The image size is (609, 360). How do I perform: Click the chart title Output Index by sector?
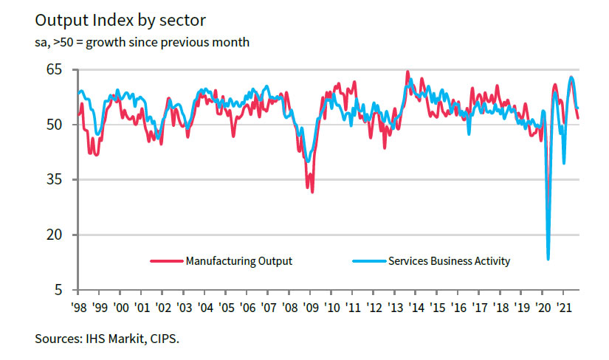point(120,20)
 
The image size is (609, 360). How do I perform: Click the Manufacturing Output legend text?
point(239,261)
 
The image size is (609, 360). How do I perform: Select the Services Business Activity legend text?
point(449,261)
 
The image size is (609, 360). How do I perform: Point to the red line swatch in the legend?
point(166,261)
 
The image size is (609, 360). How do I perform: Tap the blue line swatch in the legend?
point(368,261)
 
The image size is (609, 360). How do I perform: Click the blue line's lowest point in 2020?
point(548,259)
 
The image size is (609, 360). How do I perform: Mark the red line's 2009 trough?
point(312,193)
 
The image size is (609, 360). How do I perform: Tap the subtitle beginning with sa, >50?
point(142,42)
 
